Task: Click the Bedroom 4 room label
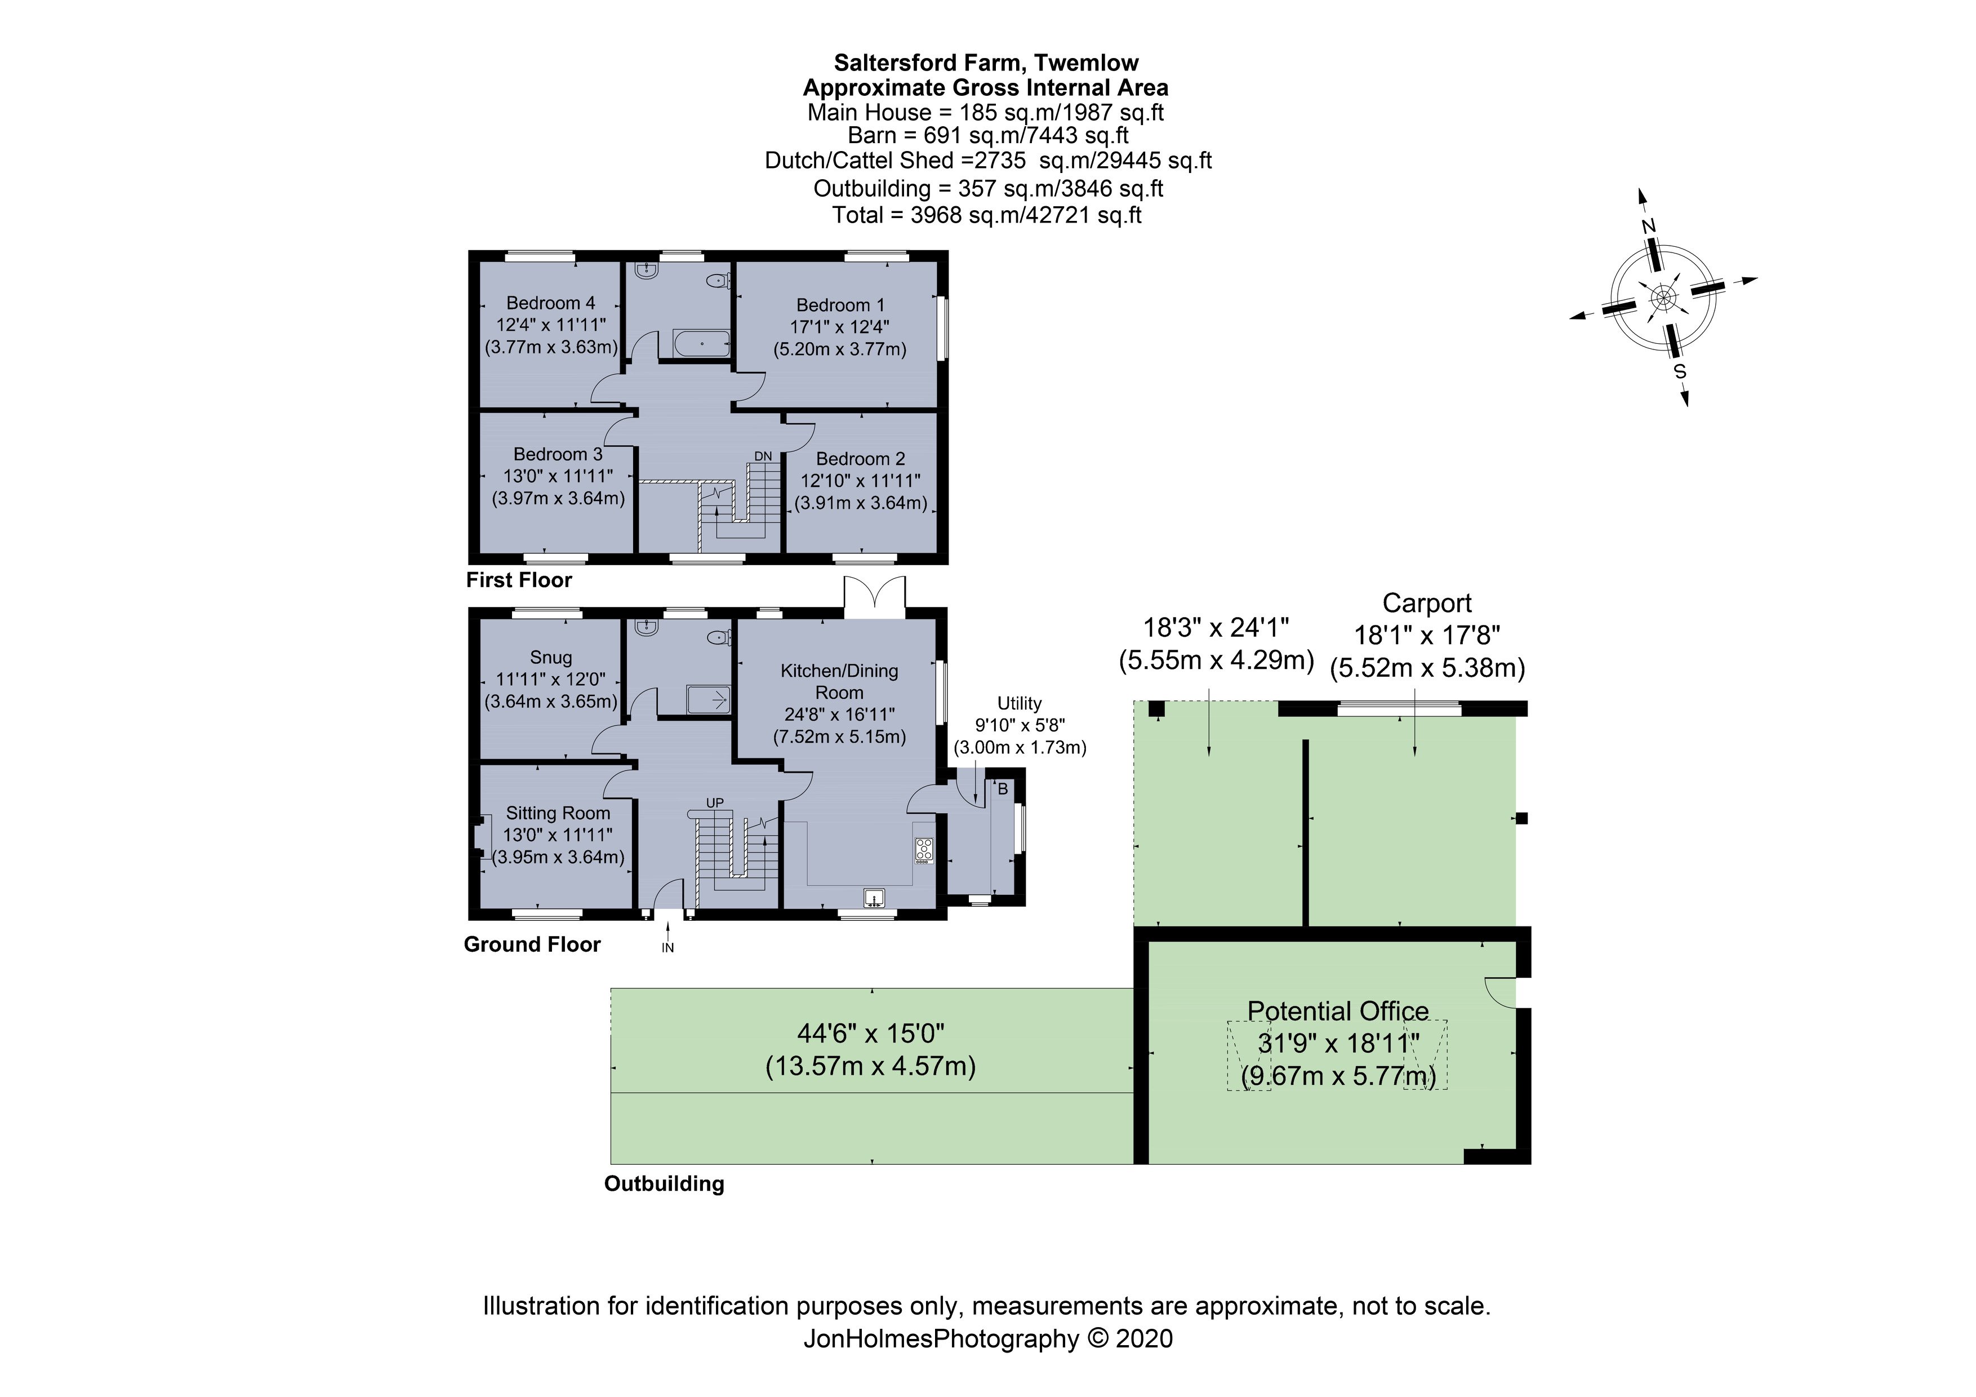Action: (551, 303)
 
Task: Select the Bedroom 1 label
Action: (840, 305)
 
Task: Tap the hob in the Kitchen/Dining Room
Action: (924, 850)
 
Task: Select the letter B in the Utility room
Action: (1003, 790)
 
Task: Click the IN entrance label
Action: (668, 948)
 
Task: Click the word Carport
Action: (1427, 604)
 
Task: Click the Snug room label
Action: (551, 658)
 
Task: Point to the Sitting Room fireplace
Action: (483, 837)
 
